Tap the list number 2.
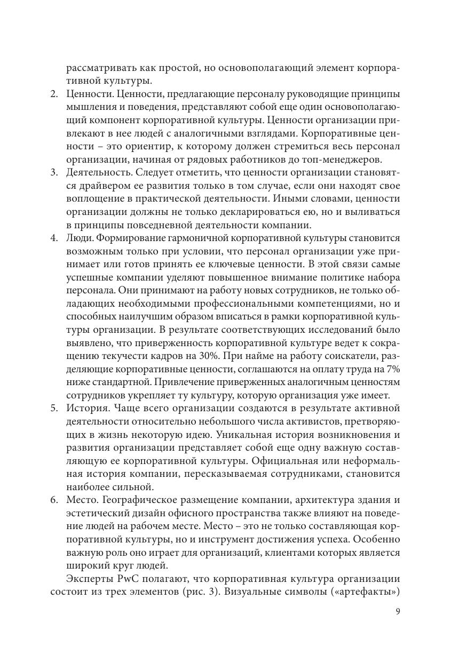coord(54,94)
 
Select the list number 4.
coord(54,238)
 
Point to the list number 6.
coord(54,500)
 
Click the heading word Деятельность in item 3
coord(98,173)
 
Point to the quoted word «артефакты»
coord(369,592)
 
